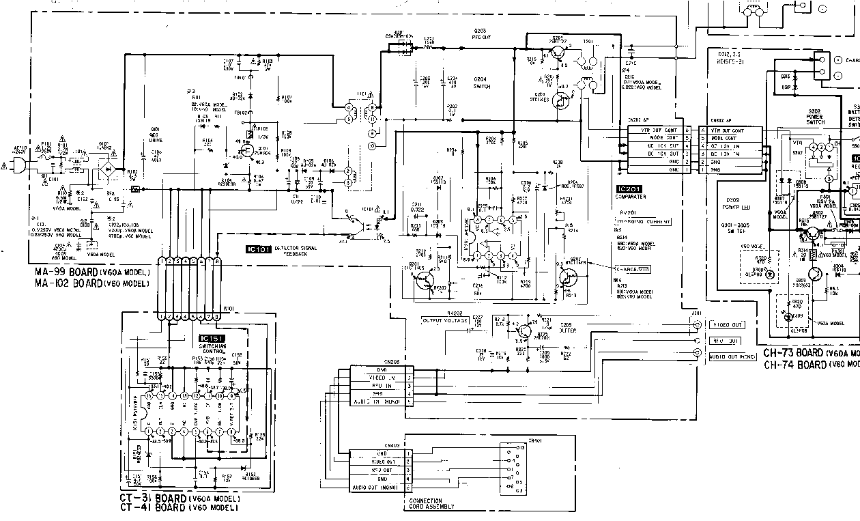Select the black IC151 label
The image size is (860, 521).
(x=212, y=338)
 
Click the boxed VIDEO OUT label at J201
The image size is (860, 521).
(x=727, y=325)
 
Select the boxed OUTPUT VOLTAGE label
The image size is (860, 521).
(x=445, y=320)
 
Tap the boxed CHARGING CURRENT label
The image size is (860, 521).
(x=642, y=221)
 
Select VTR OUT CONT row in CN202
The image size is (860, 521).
(x=653, y=130)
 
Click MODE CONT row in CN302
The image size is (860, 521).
(x=735, y=138)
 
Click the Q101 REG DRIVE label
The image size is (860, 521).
(x=155, y=132)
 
